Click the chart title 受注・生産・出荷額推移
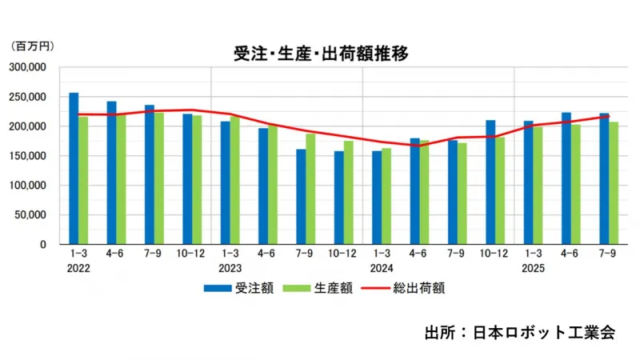click(x=321, y=54)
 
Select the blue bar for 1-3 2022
click(x=74, y=169)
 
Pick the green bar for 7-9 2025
click(x=613, y=183)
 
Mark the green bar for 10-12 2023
click(x=348, y=193)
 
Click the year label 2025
click(x=533, y=269)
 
